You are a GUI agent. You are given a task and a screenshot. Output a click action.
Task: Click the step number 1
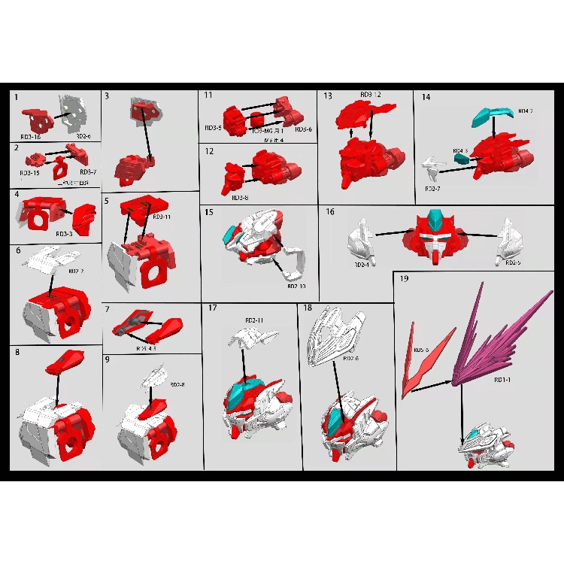17,97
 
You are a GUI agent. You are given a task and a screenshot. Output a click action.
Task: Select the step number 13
327,96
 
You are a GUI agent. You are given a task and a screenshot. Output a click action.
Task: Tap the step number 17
213,308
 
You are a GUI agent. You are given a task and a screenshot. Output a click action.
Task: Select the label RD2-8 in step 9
178,384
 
